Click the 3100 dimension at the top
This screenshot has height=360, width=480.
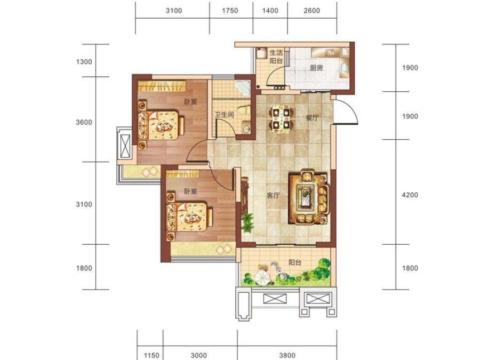[174, 11]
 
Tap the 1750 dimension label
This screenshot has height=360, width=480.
[230, 11]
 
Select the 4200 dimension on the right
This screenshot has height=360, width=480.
[410, 195]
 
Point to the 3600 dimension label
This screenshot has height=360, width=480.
[84, 123]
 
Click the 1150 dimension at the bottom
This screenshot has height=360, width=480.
[151, 355]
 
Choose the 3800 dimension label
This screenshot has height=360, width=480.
[287, 355]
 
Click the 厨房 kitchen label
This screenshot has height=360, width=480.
[316, 68]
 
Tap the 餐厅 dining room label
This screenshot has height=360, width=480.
[312, 118]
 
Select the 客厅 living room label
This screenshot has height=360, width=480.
[273, 195]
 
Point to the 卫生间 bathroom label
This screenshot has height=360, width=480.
[224, 115]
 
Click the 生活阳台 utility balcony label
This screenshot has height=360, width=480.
[276, 57]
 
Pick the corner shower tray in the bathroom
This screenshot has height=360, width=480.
[243, 88]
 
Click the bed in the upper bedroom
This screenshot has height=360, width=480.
[161, 125]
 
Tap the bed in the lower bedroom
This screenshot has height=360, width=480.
[189, 217]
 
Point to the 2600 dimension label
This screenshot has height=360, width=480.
[312, 11]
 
